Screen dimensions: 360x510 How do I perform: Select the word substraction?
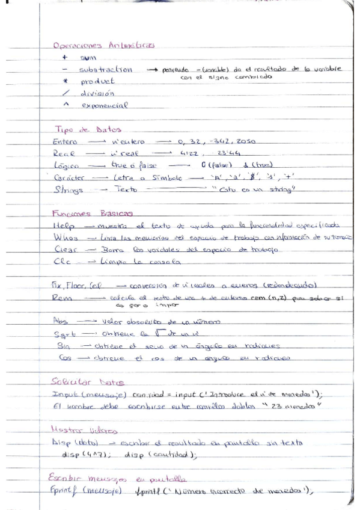[x=105, y=70]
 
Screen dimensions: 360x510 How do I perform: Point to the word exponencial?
[x=105, y=105]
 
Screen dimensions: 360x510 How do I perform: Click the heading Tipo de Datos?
[x=88, y=129]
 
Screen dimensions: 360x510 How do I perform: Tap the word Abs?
[x=61, y=321]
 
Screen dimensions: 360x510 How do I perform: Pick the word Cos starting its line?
[x=61, y=357]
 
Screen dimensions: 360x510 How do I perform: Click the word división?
[x=97, y=93]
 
